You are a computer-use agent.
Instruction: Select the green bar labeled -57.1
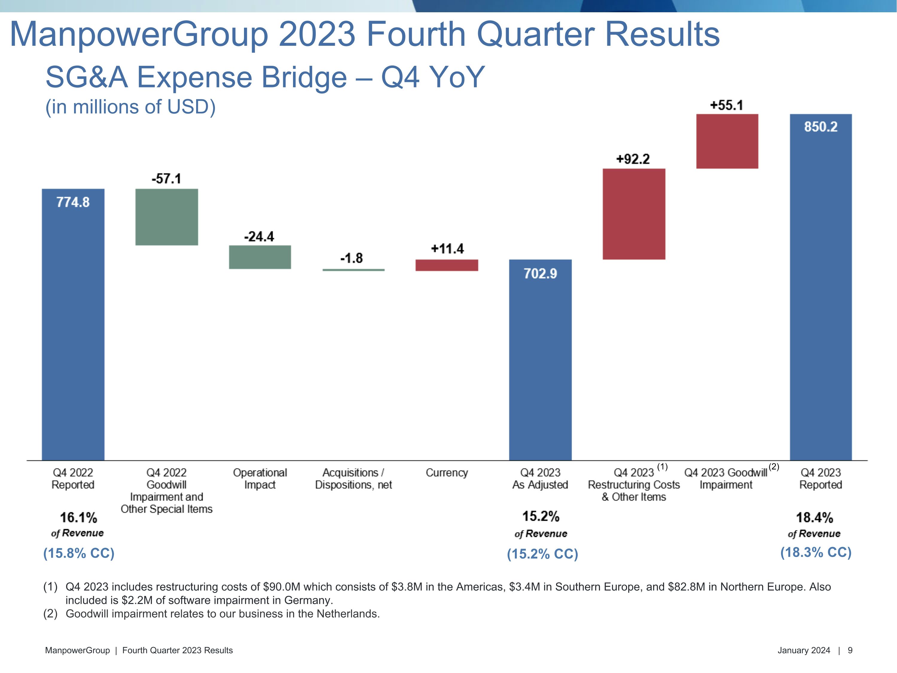(x=167, y=217)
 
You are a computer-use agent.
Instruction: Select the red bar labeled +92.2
(x=634, y=214)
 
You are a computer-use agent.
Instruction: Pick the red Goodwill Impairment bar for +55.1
(x=727, y=141)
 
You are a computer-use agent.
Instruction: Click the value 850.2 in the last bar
(x=821, y=127)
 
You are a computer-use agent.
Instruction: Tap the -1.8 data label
(x=351, y=258)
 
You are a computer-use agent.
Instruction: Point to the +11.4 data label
(x=447, y=249)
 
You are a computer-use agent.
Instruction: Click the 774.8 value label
(x=73, y=202)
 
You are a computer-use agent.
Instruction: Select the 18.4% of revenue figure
(x=814, y=518)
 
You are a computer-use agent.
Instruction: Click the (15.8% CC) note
(x=79, y=553)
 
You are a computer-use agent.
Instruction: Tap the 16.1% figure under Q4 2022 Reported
(x=78, y=518)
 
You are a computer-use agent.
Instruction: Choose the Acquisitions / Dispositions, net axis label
(x=353, y=479)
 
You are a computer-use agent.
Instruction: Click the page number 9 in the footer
(x=850, y=650)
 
